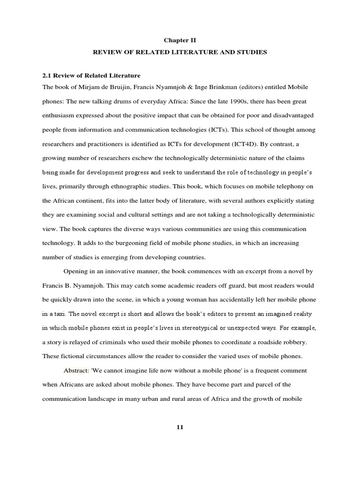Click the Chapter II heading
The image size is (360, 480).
tap(180, 40)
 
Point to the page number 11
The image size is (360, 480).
tap(180, 427)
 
